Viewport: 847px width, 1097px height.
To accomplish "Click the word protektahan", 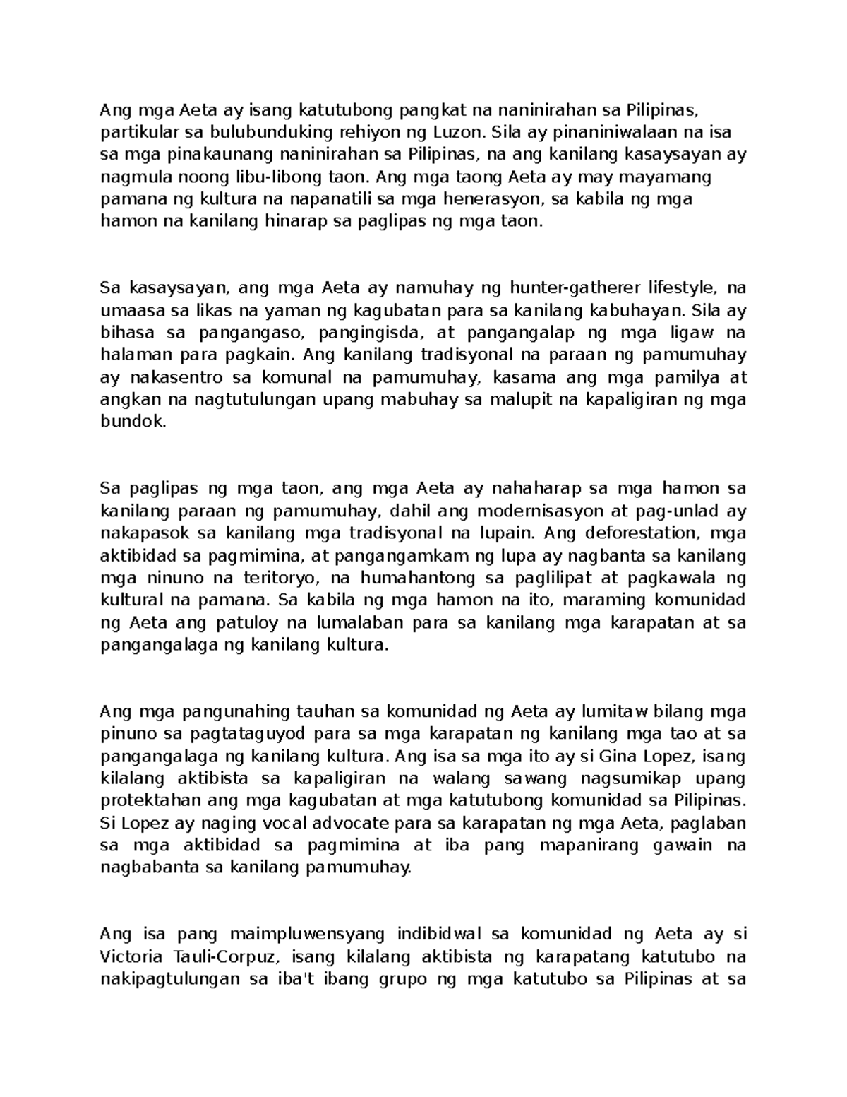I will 145,801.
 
